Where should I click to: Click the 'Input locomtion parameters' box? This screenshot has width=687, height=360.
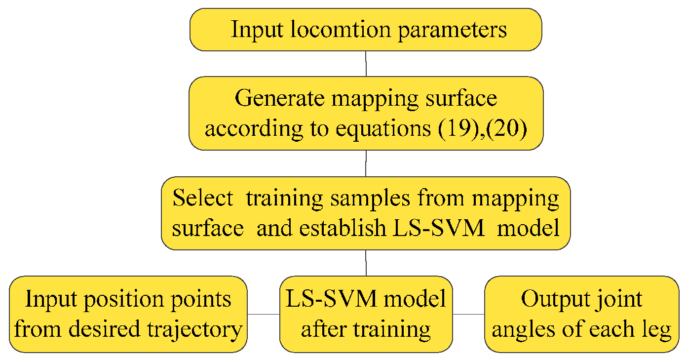click(x=366, y=30)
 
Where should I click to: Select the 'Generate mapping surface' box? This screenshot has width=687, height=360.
click(x=366, y=114)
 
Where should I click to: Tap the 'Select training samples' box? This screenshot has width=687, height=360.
click(x=366, y=213)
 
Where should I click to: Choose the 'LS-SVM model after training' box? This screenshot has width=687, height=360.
click(x=366, y=314)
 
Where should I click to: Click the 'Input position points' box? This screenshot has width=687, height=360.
click(x=128, y=314)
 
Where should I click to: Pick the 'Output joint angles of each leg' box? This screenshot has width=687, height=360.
click(x=582, y=314)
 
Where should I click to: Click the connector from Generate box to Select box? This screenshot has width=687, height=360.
click(x=366, y=163)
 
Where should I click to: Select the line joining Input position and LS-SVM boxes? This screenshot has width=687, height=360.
click(x=263, y=314)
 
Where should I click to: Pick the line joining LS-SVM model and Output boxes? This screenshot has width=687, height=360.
click(x=468, y=314)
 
